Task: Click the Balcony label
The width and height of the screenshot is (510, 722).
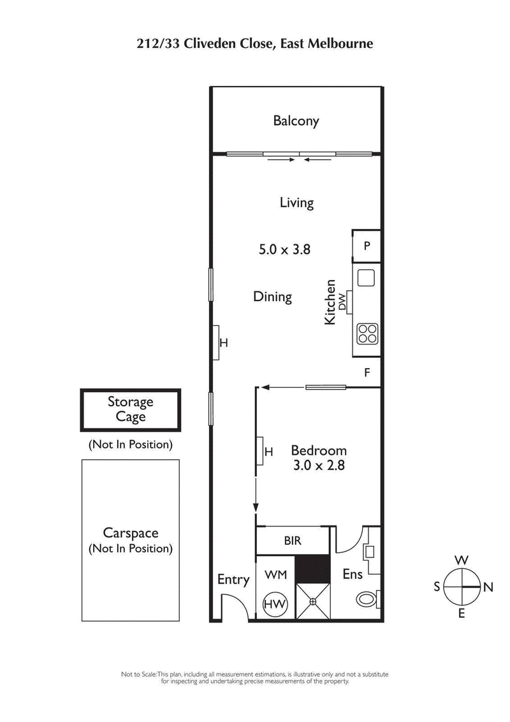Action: [x=296, y=121]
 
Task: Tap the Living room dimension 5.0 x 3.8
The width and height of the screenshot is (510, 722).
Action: [x=284, y=249]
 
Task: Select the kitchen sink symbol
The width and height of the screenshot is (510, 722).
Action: [x=367, y=278]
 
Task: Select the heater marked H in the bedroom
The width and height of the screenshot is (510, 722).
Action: [x=261, y=452]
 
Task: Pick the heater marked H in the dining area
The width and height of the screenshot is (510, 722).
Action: [x=216, y=343]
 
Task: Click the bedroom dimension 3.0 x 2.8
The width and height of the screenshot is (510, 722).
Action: [x=319, y=466]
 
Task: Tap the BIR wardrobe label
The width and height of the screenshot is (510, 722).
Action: [x=293, y=541]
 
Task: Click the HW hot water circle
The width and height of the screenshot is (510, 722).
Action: [x=275, y=603]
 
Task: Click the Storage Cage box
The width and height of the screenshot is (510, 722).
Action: [x=130, y=409]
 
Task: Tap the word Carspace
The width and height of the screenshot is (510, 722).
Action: [x=130, y=533]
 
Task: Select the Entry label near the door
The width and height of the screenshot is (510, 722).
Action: [x=233, y=579]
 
